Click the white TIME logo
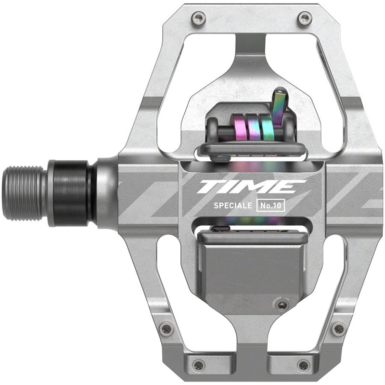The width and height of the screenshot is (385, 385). click(251, 187)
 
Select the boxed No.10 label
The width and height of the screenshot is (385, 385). click(272, 205)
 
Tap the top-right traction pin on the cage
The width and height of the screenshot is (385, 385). click(304, 19)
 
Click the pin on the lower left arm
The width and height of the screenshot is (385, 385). click(167, 329)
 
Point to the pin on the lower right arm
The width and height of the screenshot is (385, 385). click(339, 329)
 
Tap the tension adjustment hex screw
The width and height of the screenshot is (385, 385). click(283, 306)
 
